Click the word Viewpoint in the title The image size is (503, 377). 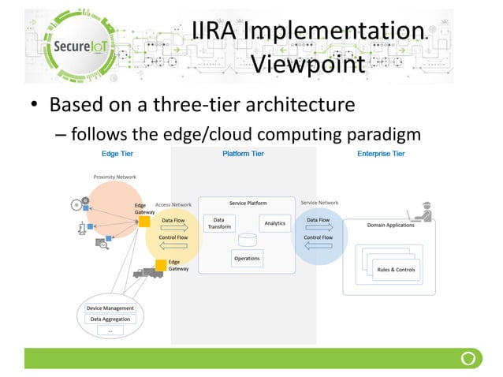coord(308,63)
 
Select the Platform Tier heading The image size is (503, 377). coord(243,154)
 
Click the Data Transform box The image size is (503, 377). coord(219,224)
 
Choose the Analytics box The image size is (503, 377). coord(274,223)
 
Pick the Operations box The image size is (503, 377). coord(247,258)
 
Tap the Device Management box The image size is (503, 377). coord(110,308)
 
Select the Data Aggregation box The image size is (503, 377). coord(110,319)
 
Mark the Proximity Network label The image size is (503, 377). coord(115,177)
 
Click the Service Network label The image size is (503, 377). coord(319,203)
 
